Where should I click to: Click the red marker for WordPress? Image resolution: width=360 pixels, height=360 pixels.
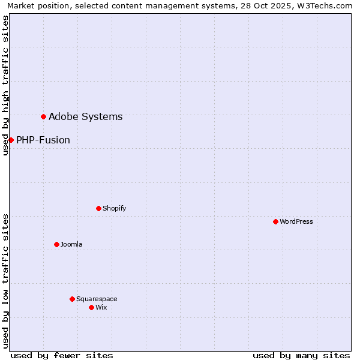(275, 221)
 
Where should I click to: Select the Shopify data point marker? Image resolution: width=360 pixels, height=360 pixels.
(98, 208)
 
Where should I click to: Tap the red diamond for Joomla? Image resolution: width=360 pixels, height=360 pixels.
(56, 244)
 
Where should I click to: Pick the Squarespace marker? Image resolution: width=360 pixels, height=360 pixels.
(72, 299)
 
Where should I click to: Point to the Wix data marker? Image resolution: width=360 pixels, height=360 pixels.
(91, 307)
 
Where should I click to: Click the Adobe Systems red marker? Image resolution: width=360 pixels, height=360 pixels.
(43, 116)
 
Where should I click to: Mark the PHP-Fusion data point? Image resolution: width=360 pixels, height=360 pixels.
(11, 140)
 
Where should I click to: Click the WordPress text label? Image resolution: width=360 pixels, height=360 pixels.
(296, 221)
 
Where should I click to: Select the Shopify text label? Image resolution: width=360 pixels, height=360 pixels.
(114, 208)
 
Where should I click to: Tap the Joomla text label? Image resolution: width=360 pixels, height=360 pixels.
(71, 244)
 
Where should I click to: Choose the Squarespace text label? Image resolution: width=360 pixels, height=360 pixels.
(97, 299)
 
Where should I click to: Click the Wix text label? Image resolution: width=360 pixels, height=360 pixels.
(101, 307)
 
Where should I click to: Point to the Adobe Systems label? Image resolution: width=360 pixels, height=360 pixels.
(85, 116)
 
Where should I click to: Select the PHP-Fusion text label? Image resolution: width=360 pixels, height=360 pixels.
(43, 140)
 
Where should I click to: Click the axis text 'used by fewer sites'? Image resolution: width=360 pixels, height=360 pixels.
(62, 355)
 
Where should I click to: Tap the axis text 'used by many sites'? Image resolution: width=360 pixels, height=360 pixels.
(301, 355)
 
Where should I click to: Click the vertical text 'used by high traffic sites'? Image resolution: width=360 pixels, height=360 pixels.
(5, 85)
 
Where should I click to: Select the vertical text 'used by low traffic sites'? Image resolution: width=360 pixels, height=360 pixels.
(5, 281)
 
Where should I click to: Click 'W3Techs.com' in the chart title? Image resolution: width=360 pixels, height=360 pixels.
(327, 5)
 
